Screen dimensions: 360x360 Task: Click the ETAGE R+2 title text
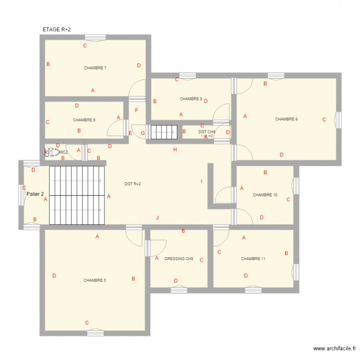[57, 30]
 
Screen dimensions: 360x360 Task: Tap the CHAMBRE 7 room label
[95, 68]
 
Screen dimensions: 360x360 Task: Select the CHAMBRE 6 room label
[84, 120]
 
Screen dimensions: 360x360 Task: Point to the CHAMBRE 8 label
[191, 99]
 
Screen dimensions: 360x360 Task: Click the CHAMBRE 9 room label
[286, 119]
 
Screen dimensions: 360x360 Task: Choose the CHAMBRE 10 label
[265, 195]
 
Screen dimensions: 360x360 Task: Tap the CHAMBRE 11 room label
[253, 259]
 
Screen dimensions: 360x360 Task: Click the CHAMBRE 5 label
[95, 280]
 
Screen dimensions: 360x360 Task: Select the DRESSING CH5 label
[179, 259]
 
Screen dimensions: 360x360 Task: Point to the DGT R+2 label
[132, 184]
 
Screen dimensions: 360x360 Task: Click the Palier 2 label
[36, 194]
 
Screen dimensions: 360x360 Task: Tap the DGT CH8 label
[207, 131]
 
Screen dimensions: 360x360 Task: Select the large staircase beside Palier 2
[77, 195]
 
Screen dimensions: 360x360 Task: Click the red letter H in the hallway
[175, 150]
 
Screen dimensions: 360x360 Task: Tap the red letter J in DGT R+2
[157, 218]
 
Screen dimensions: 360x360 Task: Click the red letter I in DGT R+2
[202, 181]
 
